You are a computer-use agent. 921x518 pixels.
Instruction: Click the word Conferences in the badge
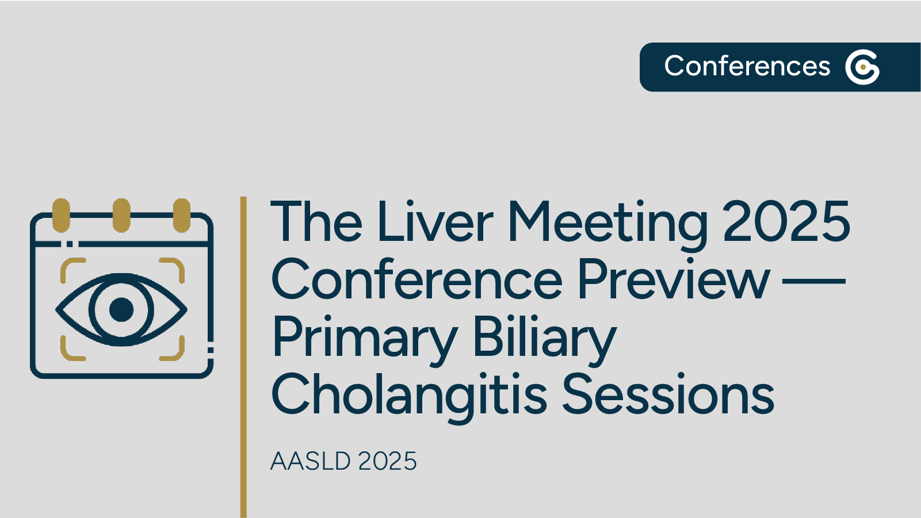coord(747,66)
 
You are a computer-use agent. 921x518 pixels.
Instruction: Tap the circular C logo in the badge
coord(862,67)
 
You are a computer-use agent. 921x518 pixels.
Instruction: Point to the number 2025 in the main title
coord(786,222)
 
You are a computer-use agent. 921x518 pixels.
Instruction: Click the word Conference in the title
coord(416,280)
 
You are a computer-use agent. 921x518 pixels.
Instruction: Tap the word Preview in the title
coord(673,280)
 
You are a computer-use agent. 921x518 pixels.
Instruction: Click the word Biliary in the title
coord(544,338)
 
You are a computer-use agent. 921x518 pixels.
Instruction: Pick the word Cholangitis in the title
coord(408,396)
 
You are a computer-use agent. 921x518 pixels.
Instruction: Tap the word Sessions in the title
coord(668,394)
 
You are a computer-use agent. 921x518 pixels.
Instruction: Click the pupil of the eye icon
coord(121,309)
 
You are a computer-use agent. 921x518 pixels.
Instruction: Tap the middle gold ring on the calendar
coord(121,215)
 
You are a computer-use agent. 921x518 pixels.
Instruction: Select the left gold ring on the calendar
coord(61,215)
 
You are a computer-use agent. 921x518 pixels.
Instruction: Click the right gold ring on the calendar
coord(182,215)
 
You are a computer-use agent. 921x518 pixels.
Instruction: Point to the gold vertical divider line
coord(243,356)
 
